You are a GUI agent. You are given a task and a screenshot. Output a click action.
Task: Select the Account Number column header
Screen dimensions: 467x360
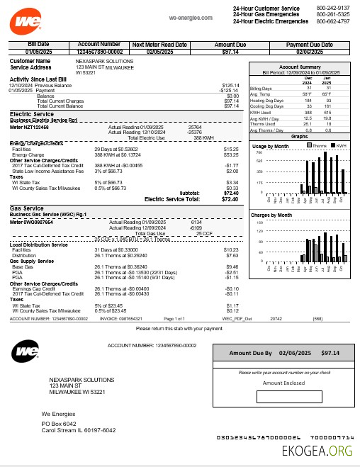pyautogui.click(x=99, y=45)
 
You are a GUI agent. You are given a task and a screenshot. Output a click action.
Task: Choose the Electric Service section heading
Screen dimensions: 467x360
pyautogui.click(x=33, y=113)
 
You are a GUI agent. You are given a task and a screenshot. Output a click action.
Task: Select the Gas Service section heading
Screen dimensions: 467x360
pyautogui.click(x=28, y=209)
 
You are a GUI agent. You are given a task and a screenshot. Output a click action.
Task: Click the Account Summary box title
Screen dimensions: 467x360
pyautogui.click(x=301, y=66)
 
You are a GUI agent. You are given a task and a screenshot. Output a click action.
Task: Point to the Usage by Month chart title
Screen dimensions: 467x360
pyautogui.click(x=271, y=145)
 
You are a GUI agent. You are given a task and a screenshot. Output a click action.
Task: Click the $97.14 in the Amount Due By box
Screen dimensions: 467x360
pyautogui.click(x=330, y=352)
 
